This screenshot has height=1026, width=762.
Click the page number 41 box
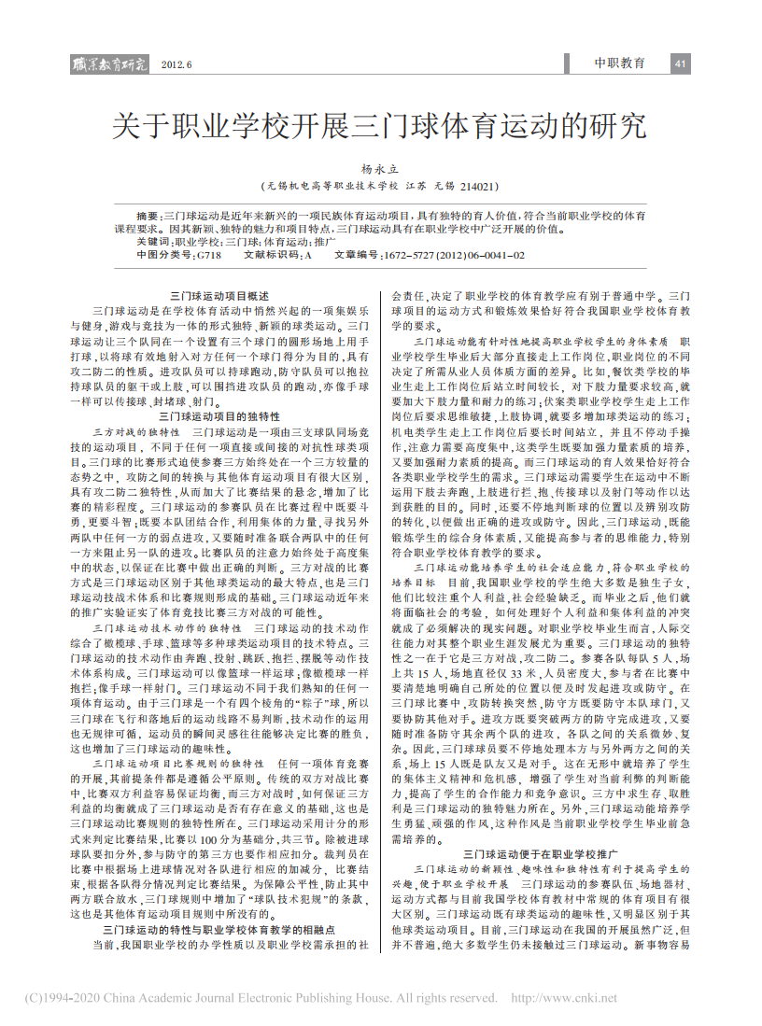(x=680, y=63)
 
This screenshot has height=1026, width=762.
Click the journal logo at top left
(x=110, y=64)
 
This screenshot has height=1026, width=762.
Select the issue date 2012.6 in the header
(x=176, y=65)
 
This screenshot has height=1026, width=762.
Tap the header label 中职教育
(x=620, y=63)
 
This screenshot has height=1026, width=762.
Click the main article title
(x=379, y=125)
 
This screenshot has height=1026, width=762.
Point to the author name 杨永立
(x=379, y=169)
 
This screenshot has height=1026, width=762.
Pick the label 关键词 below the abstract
(x=153, y=241)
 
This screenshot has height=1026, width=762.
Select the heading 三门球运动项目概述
(x=214, y=293)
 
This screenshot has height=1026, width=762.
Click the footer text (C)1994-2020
(x=55, y=998)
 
